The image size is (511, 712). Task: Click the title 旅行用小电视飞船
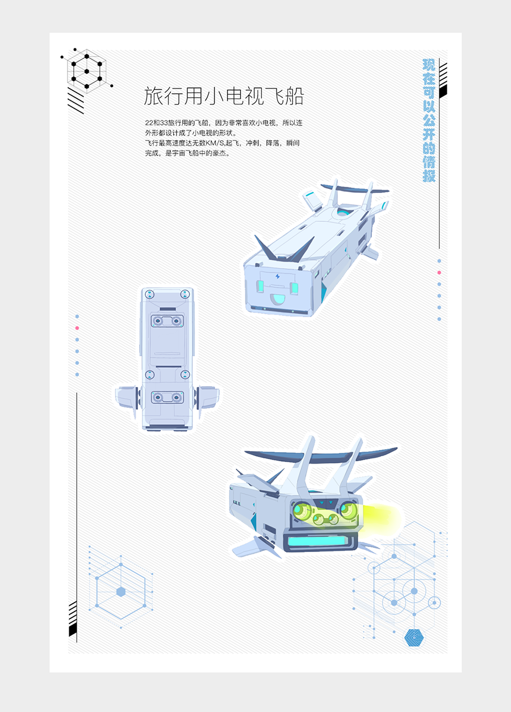[x=224, y=96]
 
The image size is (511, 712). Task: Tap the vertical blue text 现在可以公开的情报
[x=429, y=120]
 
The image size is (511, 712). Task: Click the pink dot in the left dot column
[x=77, y=328]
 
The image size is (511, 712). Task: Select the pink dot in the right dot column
[x=439, y=273]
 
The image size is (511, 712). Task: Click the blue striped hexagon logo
[x=414, y=637]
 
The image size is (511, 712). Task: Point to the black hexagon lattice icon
[x=86, y=71]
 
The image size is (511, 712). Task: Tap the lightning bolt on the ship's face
[x=278, y=276]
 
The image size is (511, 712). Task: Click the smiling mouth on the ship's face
[x=277, y=299]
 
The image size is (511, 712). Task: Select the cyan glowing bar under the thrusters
[x=317, y=541]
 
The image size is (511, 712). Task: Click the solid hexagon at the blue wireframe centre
[x=120, y=592]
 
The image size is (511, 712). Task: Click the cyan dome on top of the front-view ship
[x=342, y=212]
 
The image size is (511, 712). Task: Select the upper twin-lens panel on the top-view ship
[x=167, y=321]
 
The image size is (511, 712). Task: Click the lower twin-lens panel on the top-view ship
[x=167, y=397]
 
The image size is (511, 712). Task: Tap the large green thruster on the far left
[x=300, y=510]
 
